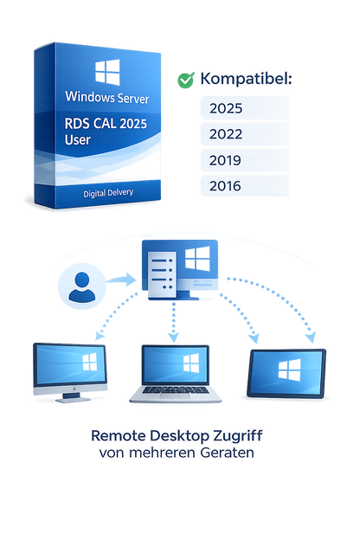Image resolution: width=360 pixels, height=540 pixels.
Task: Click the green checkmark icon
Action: click(x=185, y=80)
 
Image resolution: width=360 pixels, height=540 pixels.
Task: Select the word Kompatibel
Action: click(x=245, y=80)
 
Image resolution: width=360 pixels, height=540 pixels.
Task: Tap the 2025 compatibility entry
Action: click(x=226, y=109)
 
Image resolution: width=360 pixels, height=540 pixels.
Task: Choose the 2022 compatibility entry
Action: click(x=226, y=135)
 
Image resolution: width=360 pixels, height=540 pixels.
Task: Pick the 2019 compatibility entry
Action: click(x=226, y=160)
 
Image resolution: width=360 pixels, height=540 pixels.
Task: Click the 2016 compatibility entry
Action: click(x=226, y=185)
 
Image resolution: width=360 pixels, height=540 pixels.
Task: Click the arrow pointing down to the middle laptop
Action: click(x=173, y=325)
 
